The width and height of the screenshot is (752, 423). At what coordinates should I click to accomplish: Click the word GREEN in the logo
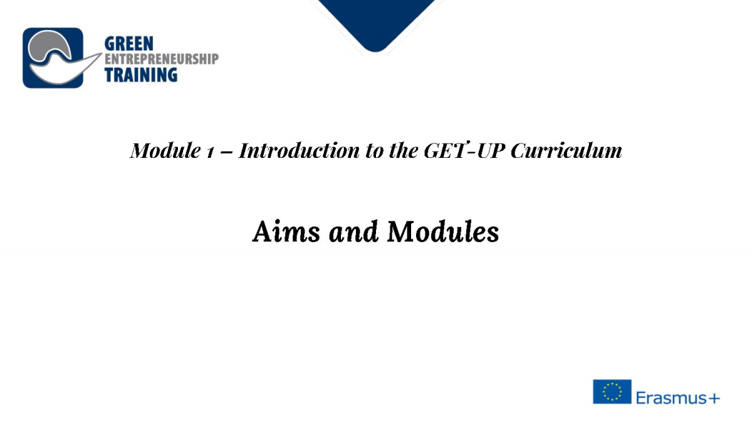(129, 44)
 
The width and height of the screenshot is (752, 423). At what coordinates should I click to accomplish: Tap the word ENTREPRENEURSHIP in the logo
(162, 59)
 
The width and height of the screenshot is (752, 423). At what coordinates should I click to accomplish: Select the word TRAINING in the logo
(140, 75)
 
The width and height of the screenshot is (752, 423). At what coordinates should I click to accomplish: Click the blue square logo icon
(53, 58)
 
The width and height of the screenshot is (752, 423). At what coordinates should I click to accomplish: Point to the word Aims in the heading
(286, 231)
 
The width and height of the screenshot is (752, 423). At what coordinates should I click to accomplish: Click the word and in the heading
(353, 231)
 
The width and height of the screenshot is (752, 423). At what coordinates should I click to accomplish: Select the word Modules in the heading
(443, 231)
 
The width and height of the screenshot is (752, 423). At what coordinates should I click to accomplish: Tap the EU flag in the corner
(612, 392)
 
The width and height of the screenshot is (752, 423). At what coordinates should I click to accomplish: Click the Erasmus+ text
(678, 398)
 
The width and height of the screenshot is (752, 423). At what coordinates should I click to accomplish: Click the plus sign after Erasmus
(713, 399)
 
